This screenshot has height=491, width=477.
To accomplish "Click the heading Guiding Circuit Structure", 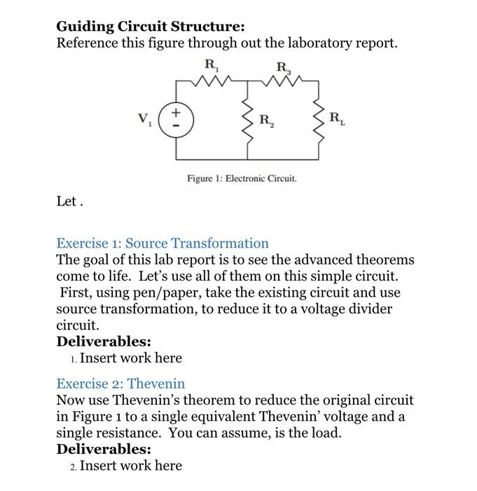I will tap(151, 27).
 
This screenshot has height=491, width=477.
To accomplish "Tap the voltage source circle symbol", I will tap(176, 116).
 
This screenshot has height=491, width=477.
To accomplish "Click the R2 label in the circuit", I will tap(267, 119).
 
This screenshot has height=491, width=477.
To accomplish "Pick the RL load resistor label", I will tap(337, 117).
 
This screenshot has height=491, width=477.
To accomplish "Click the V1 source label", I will tap(145, 117).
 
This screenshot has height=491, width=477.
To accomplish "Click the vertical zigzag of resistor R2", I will tap(247, 116).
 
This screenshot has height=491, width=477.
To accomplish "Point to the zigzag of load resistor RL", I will tap(319, 116).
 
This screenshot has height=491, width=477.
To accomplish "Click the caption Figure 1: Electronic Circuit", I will tap(242, 178).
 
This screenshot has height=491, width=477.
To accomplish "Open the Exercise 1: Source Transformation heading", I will tap(163, 243).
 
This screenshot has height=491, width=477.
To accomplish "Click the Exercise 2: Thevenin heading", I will tap(120, 384).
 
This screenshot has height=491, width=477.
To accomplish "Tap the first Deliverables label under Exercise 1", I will tap(104, 342).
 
